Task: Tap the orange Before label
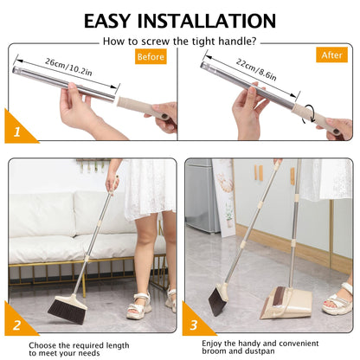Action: pos(151,57)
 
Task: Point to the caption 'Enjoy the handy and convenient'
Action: pos(260,343)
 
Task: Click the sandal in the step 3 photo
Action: pos(337,300)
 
